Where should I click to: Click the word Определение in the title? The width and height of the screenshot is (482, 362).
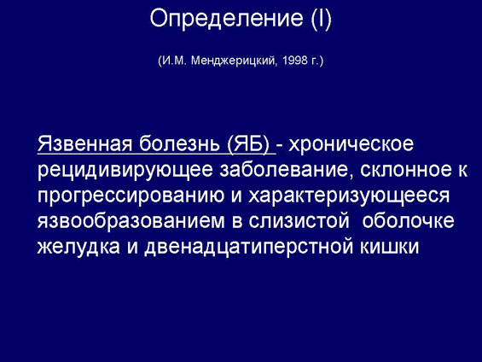(x=227, y=19)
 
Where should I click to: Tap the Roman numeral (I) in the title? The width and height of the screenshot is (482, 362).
(x=322, y=19)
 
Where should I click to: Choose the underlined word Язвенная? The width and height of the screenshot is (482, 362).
(x=84, y=143)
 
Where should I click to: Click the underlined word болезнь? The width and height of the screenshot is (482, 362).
(x=179, y=143)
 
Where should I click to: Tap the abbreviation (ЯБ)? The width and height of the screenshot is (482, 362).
(x=248, y=143)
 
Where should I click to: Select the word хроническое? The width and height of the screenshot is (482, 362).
(x=351, y=144)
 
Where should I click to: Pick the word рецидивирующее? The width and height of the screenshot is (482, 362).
(x=125, y=170)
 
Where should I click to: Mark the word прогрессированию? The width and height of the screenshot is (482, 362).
(x=131, y=196)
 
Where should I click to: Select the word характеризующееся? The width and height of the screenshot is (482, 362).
(x=349, y=196)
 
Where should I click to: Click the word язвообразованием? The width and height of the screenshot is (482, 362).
(x=131, y=221)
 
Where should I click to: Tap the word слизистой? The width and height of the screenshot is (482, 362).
(x=299, y=221)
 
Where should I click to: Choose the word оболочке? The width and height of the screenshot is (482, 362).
(x=409, y=221)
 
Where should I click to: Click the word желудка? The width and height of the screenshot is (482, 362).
(x=78, y=247)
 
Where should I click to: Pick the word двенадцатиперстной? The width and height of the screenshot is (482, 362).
(x=248, y=248)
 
